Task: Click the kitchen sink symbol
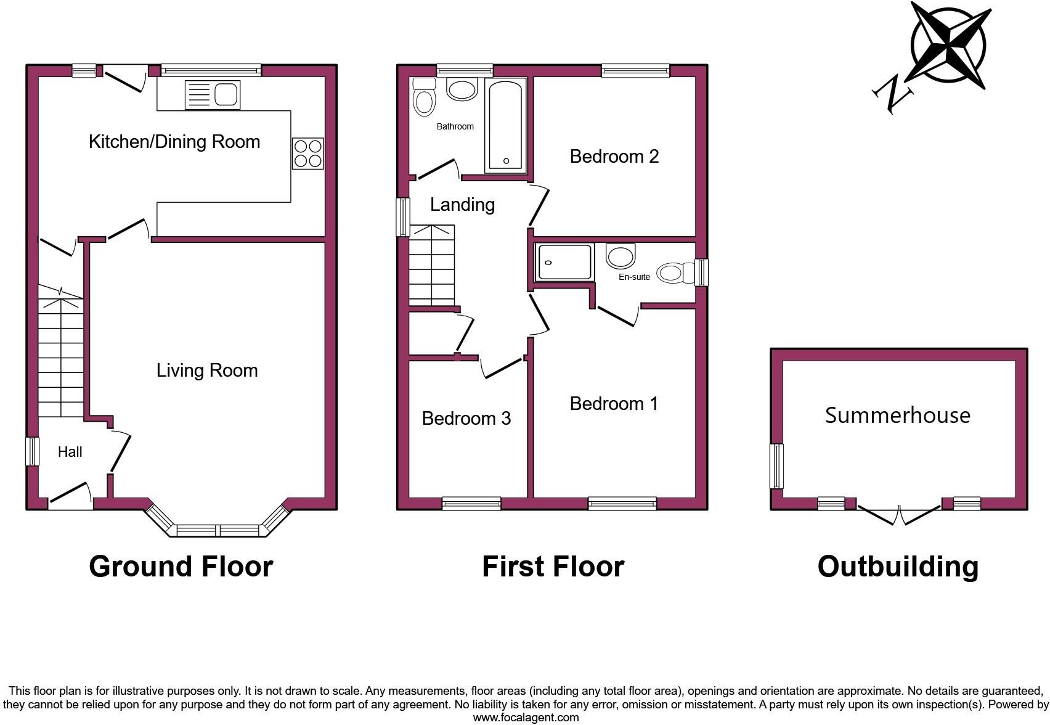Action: (212, 95)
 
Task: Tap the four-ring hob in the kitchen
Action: (307, 153)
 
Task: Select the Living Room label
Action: (207, 371)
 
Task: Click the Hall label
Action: (70, 452)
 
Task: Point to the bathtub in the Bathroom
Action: (506, 125)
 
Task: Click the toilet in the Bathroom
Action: (424, 99)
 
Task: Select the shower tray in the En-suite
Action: (564, 262)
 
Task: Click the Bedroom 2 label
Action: (614, 157)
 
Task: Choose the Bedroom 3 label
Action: (466, 419)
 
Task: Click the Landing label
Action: (462, 205)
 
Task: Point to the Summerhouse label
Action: (897, 415)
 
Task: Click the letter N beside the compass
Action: (892, 94)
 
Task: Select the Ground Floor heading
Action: (181, 566)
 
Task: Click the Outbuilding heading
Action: (897, 566)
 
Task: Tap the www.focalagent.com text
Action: (526, 717)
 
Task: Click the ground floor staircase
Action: (60, 351)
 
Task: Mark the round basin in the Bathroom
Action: (462, 89)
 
